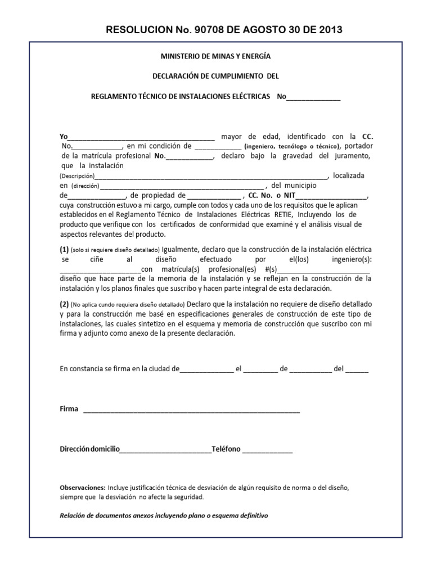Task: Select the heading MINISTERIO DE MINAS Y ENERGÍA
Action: point(215,56)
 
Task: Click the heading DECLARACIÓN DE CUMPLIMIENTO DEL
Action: point(215,76)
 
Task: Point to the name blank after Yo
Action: point(141,137)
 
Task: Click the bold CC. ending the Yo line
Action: point(367,137)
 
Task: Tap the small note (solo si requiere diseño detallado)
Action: point(115,249)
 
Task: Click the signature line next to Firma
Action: point(191,409)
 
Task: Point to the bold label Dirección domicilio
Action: point(89,449)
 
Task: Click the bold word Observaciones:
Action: point(82,487)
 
